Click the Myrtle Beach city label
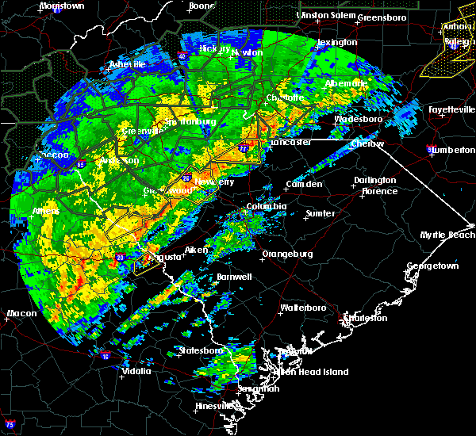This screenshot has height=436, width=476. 448,235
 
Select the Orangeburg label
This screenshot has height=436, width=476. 286,254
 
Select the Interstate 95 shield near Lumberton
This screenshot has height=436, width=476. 431,150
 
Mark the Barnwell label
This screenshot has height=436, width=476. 233,277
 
